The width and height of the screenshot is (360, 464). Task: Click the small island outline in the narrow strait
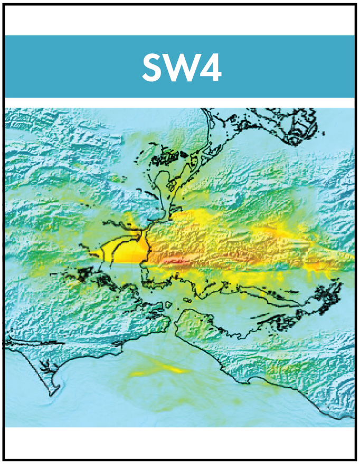click(186, 299)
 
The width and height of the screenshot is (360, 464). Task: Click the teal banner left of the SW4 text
click(69, 67)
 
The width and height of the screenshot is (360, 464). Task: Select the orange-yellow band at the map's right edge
click(338, 259)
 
